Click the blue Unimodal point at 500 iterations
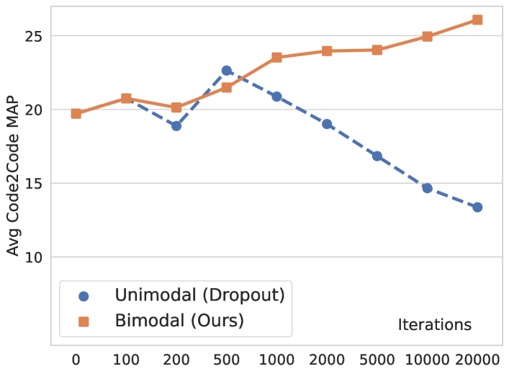(226, 71)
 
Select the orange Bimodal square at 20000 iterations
(477, 19)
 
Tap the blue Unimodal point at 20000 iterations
(477, 208)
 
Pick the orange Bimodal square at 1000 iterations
(276, 58)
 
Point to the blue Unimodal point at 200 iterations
(176, 125)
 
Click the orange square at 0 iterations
(76, 114)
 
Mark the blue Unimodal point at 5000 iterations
(377, 156)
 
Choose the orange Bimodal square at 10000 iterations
(427, 36)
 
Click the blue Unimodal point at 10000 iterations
(427, 188)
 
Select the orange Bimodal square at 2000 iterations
(327, 51)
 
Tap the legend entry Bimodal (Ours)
(179, 321)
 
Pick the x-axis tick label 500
(226, 358)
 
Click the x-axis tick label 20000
(477, 358)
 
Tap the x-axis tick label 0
(76, 358)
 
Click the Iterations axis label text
(435, 325)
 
